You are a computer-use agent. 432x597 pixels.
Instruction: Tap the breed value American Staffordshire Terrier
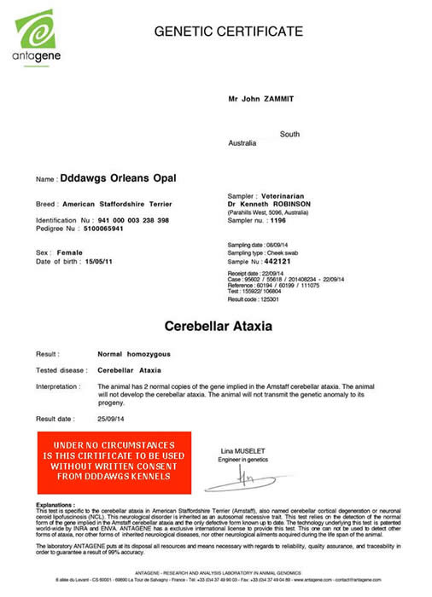pyautogui.click(x=125, y=205)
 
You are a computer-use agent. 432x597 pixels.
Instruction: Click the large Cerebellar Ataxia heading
pyautogui.click(x=218, y=327)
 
